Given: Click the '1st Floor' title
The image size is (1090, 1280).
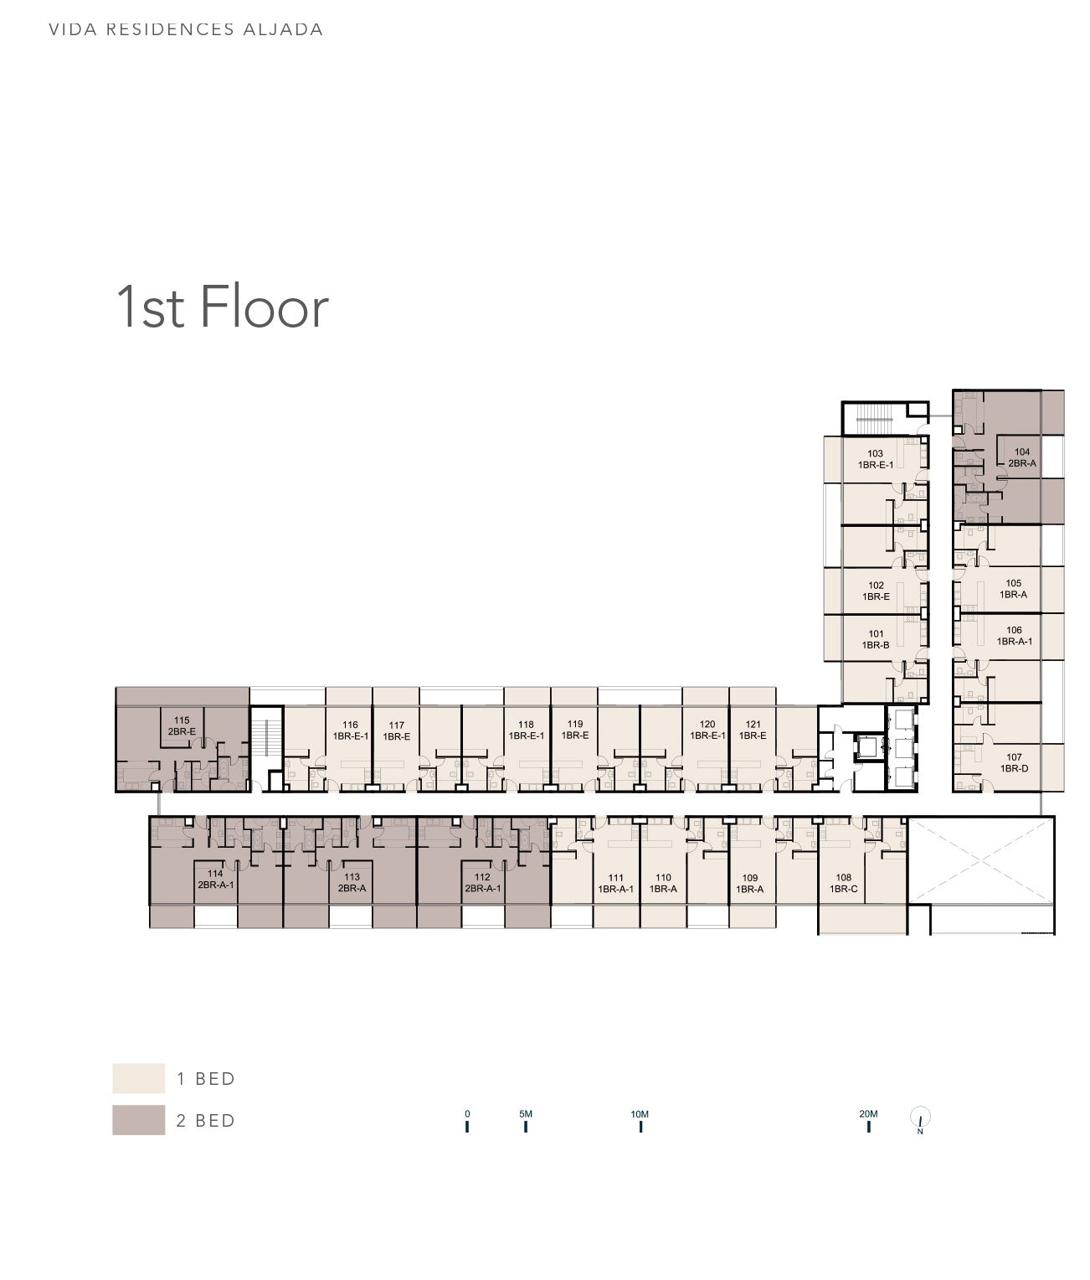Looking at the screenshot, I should (222, 307).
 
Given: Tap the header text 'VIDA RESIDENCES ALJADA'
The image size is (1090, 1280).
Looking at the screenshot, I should (186, 30).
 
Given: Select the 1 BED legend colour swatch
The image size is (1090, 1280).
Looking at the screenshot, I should (138, 1078).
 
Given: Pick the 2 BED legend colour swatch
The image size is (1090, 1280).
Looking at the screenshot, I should (138, 1120).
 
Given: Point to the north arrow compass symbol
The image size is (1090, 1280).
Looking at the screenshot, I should (920, 1118).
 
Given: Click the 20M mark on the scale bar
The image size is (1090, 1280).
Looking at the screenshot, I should (868, 1121).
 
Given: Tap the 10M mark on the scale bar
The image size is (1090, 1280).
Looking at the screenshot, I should (640, 1121).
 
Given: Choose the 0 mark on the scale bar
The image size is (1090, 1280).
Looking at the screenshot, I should (467, 1121).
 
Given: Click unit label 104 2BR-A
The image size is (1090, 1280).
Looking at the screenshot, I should (1021, 457).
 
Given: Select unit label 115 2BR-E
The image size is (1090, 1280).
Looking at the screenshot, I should (182, 725).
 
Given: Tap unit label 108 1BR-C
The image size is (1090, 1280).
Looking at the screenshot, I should (843, 883).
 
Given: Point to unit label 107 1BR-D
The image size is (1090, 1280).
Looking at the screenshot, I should (1013, 762).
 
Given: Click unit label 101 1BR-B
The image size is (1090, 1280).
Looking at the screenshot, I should (876, 639).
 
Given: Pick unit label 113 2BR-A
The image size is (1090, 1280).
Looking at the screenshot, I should (352, 883).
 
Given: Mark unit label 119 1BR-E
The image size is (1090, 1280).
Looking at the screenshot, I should (575, 730).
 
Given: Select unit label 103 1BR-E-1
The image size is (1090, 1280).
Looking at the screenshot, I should (875, 459).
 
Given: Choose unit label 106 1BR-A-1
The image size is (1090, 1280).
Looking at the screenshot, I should (1014, 636).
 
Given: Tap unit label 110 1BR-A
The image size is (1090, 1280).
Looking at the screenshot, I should (663, 883).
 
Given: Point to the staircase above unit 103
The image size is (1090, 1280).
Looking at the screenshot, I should (875, 419).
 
